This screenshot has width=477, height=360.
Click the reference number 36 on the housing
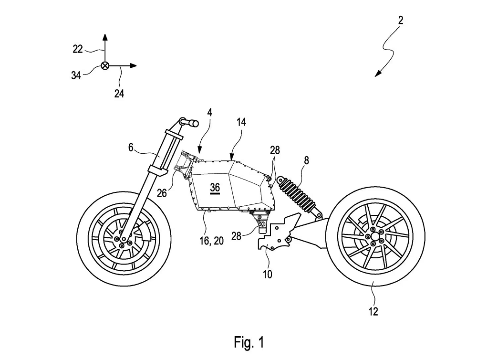click(215, 188)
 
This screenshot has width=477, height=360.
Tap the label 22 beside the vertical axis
click(78, 48)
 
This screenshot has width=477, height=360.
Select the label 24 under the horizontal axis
click(119, 94)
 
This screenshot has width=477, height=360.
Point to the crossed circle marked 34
click(105, 66)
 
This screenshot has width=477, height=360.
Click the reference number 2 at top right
click(401, 20)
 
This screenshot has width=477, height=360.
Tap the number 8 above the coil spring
click(306, 161)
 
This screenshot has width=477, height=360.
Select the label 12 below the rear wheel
click(373, 312)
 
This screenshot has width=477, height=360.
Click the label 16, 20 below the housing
click(212, 242)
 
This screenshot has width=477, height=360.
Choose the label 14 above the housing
click(241, 123)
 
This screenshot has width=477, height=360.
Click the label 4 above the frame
click(209, 113)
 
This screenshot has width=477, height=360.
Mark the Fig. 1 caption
click(249, 341)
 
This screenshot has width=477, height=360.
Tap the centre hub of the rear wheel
click(375, 235)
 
